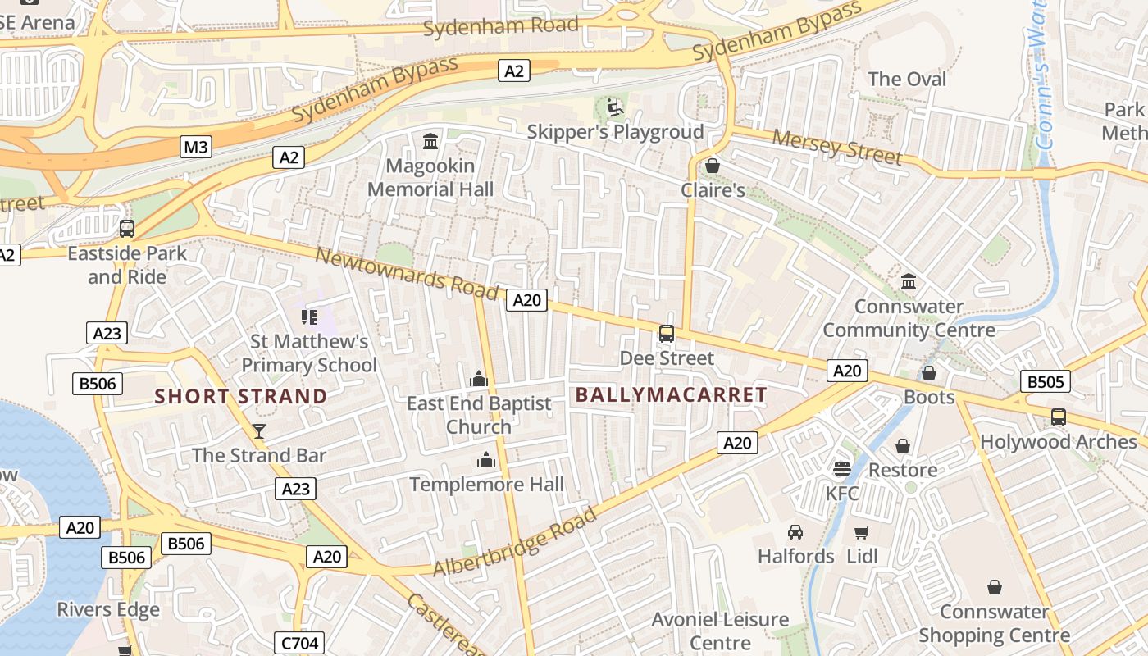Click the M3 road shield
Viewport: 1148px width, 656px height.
tap(196, 147)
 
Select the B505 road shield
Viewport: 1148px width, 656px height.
tap(1045, 381)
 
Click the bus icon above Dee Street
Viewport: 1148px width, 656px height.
tap(667, 334)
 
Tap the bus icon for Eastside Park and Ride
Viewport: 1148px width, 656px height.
tap(127, 229)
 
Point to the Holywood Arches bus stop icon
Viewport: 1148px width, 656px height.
tap(1059, 417)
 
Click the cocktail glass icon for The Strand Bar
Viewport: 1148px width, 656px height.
tap(259, 431)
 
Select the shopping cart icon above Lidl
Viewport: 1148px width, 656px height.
tap(861, 533)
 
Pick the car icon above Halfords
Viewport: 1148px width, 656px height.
tap(795, 532)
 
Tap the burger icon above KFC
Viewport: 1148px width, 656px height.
tap(841, 469)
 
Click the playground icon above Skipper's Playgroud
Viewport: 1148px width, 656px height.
tap(614, 107)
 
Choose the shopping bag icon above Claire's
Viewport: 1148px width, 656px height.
tap(713, 166)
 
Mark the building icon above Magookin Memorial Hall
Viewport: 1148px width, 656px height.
tap(430, 142)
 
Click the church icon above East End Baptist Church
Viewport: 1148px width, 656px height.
tap(479, 379)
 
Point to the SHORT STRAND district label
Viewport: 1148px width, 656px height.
tap(241, 396)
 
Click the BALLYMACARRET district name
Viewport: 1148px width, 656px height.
tap(671, 394)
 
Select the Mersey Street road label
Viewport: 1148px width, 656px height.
tap(837, 147)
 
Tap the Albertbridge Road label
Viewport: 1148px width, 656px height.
tap(514, 542)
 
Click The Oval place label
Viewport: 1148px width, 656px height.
tap(907, 80)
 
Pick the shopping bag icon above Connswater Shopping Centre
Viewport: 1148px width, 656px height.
tap(994, 587)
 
